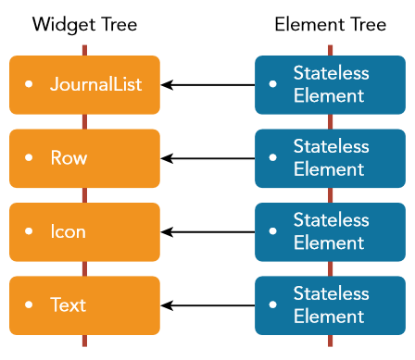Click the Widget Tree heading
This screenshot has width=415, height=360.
84,24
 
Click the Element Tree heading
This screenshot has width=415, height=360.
329,24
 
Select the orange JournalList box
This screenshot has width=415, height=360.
84,84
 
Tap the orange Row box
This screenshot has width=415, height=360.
84,158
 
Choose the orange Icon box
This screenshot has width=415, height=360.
84,232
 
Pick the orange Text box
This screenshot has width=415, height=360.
84,305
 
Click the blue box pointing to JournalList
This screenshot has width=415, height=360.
330,84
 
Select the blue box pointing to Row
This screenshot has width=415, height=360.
330,158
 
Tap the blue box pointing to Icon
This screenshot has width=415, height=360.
330,232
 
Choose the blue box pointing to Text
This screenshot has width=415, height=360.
330,305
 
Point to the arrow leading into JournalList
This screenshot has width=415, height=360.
207,85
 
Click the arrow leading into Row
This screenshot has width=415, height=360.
207,158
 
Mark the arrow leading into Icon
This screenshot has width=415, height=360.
207,232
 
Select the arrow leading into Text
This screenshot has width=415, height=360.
207,305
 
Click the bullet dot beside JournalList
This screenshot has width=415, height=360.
29,84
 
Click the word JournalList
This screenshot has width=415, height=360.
95,84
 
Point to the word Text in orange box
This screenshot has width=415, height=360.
69,305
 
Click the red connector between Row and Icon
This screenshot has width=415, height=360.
84,194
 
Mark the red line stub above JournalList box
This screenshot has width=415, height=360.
84,49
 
